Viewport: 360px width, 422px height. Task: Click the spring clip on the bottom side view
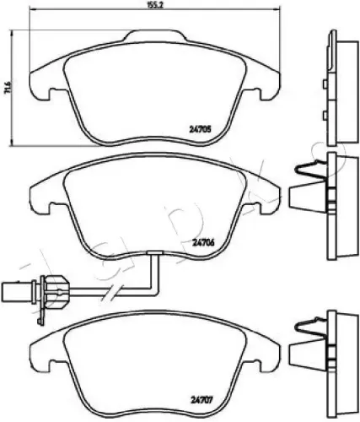coord(306,345)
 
